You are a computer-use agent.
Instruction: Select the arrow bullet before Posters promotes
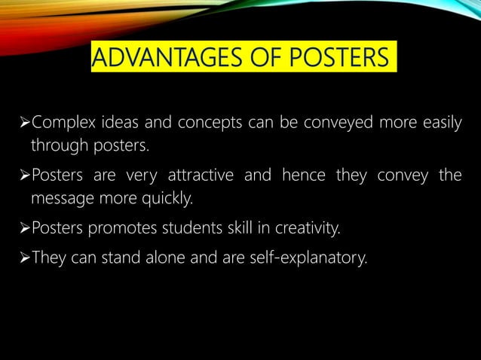tap(22, 227)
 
